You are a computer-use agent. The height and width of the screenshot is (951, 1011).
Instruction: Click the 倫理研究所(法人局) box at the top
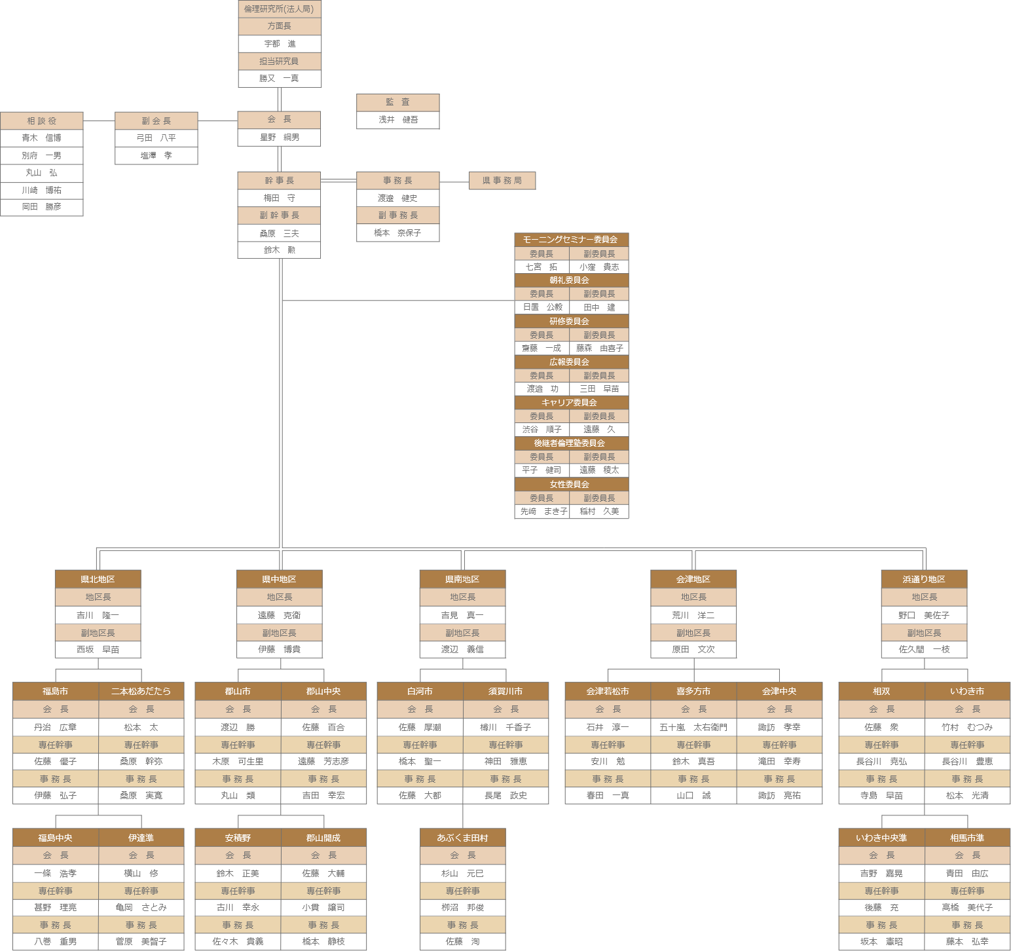[x=279, y=9]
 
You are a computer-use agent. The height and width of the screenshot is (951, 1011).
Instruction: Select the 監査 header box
[x=397, y=102]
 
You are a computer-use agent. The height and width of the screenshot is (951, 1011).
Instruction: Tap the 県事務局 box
[x=502, y=180]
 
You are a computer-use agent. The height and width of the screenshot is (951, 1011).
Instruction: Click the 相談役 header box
[x=42, y=121]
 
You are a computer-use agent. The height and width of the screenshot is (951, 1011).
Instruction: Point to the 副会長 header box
[x=156, y=121]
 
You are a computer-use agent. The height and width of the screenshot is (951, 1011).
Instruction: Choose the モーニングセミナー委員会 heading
[x=571, y=240]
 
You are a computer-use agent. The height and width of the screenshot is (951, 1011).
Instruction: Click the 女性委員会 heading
[x=571, y=484]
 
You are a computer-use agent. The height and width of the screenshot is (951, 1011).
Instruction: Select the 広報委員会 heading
[x=571, y=362]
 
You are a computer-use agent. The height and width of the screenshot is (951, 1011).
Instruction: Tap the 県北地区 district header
[x=98, y=579]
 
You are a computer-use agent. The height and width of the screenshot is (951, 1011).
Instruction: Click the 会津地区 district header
[x=693, y=579]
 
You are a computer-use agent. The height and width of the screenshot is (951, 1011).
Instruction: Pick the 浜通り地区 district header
[x=924, y=579]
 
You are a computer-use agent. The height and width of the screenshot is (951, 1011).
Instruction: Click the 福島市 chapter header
[x=56, y=691]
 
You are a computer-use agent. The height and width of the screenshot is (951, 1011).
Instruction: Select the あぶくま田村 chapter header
[x=462, y=838]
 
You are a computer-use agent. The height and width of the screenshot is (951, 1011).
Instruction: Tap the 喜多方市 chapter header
[x=693, y=691]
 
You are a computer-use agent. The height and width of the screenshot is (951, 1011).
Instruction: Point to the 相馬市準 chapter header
[x=967, y=838]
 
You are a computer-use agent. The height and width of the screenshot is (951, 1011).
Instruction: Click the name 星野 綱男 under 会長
[x=280, y=138]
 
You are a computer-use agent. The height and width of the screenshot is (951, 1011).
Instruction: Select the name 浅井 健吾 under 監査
[x=397, y=120]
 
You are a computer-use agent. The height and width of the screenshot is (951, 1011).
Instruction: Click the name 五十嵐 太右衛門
[x=693, y=727]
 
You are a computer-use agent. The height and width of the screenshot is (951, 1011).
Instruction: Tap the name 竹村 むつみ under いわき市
[x=967, y=727]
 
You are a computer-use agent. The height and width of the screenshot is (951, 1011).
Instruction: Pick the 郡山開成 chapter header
[x=323, y=838]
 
